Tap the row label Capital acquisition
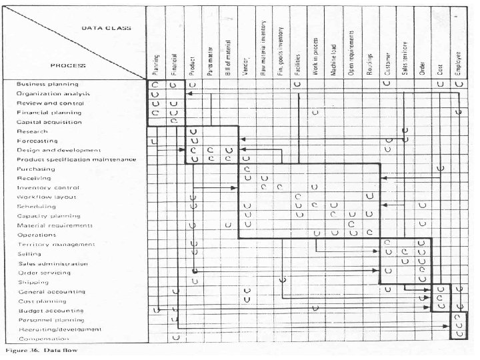pos(49,123)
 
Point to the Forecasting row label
pos(38,141)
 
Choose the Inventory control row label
pos(48,189)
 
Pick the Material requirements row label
pos(55,225)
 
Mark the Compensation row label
pos(45,338)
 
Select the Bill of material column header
pos(228,55)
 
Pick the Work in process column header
pos(315,53)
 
